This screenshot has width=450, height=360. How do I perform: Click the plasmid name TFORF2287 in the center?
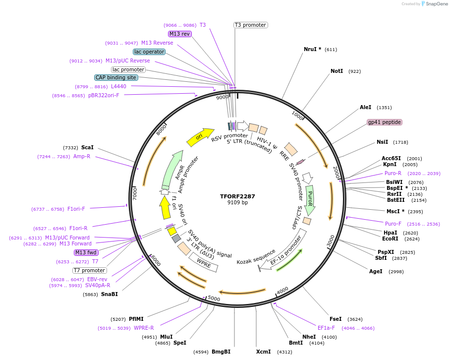pyautogui.click(x=237, y=196)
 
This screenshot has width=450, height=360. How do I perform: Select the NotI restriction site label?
pyautogui.click(x=337, y=71)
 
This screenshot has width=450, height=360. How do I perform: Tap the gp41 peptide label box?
pyautogui.click(x=384, y=122)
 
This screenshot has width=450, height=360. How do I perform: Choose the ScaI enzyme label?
pyautogui.click(x=87, y=147)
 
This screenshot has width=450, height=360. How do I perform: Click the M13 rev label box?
pyautogui.click(x=179, y=34)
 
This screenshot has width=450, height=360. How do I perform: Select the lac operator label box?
pyautogui.click(x=149, y=52)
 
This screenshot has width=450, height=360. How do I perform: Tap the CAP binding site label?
pyautogui.click(x=116, y=77)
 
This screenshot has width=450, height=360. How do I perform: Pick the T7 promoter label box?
pyautogui.click(x=89, y=270)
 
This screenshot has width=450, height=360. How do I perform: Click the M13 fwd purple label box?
pyautogui.click(x=86, y=252)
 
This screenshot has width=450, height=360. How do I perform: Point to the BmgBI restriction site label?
pyautogui.click(x=221, y=352)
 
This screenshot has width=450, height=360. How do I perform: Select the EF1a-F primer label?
pyautogui.click(x=326, y=328)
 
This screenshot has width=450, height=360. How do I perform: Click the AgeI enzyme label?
pyautogui.click(x=376, y=271)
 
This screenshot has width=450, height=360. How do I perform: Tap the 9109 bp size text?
pyautogui.click(x=237, y=203)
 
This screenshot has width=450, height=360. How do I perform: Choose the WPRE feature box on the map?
pyautogui.click(x=204, y=262)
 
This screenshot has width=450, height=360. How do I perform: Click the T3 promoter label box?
pyautogui.click(x=250, y=25)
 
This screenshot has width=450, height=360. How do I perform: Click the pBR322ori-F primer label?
pyautogui.click(x=104, y=95)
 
